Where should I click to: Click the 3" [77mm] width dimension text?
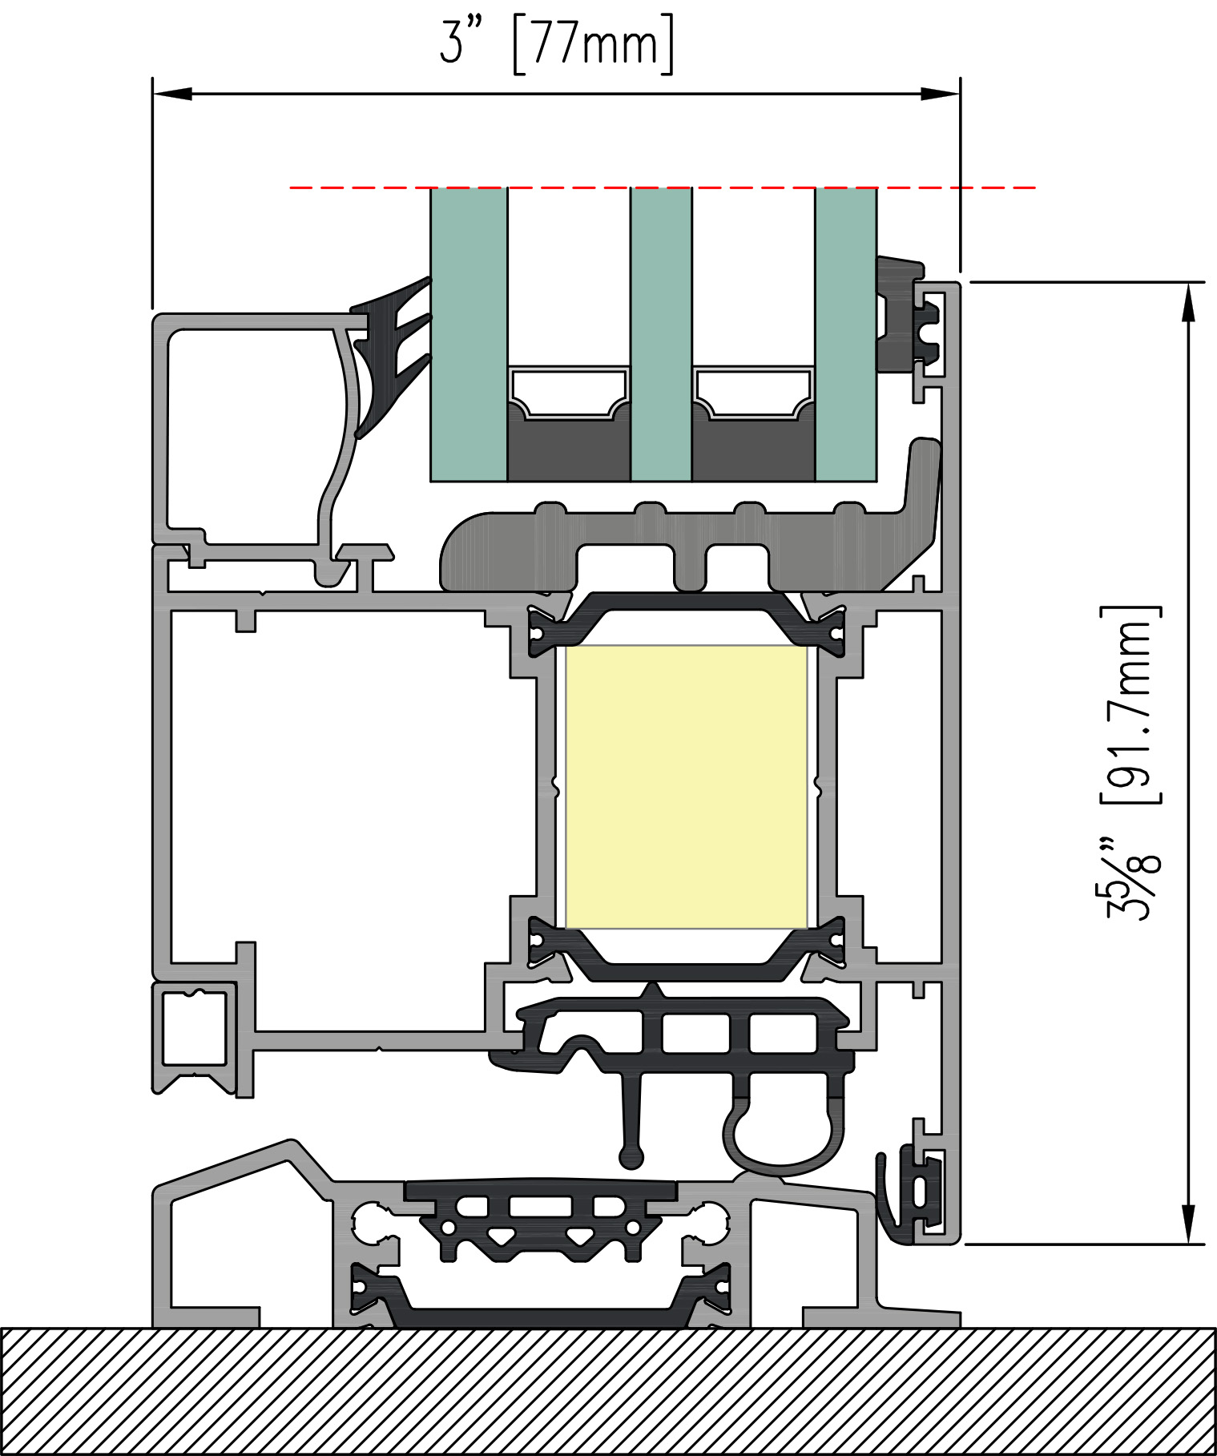pos(557,44)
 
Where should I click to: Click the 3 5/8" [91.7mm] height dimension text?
pos(1131,762)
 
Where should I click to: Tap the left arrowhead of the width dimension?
pos(172,94)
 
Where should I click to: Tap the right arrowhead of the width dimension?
pos(940,94)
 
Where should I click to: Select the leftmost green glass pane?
pos(469,334)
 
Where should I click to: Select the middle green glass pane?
pos(661,334)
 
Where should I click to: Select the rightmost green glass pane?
pos(846,334)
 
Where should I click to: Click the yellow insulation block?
pos(687,787)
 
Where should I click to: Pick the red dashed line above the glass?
pos(663,188)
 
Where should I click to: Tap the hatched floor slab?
pos(608,1391)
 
